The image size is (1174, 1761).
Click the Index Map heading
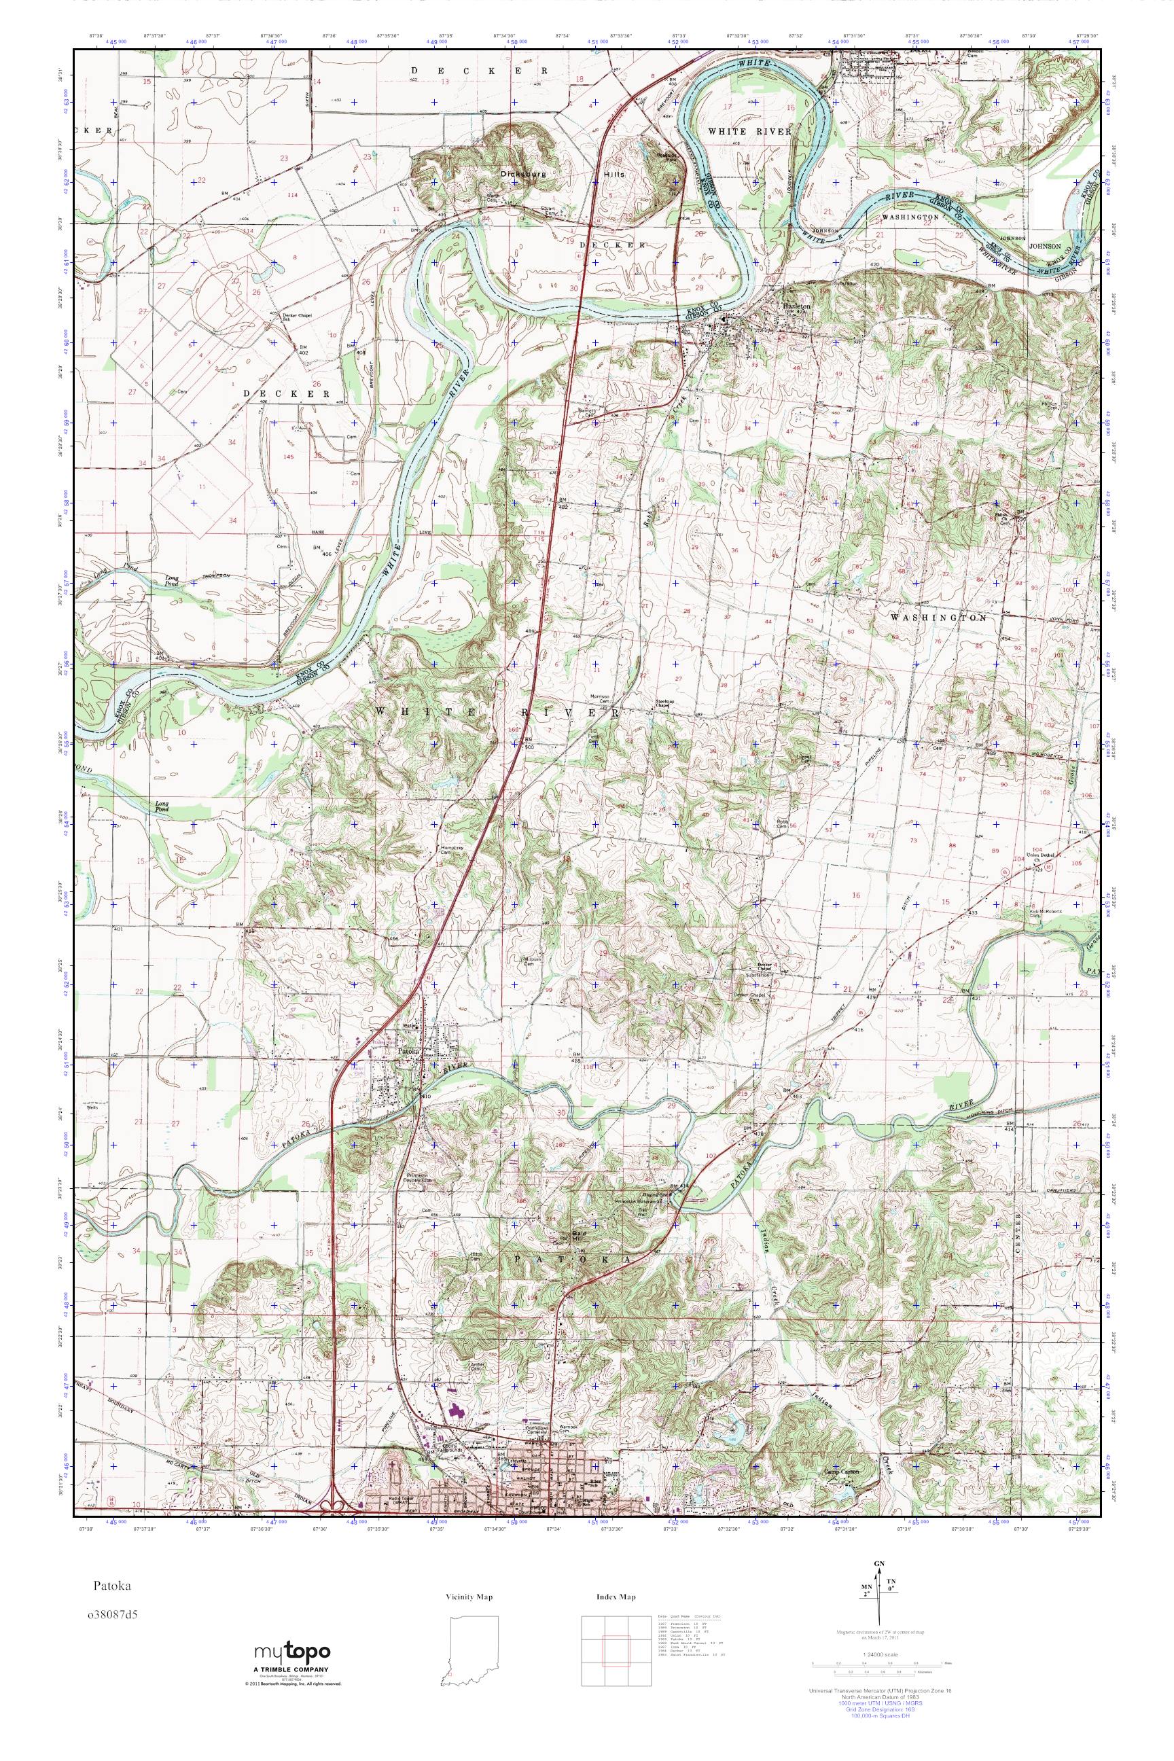(x=616, y=1597)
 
